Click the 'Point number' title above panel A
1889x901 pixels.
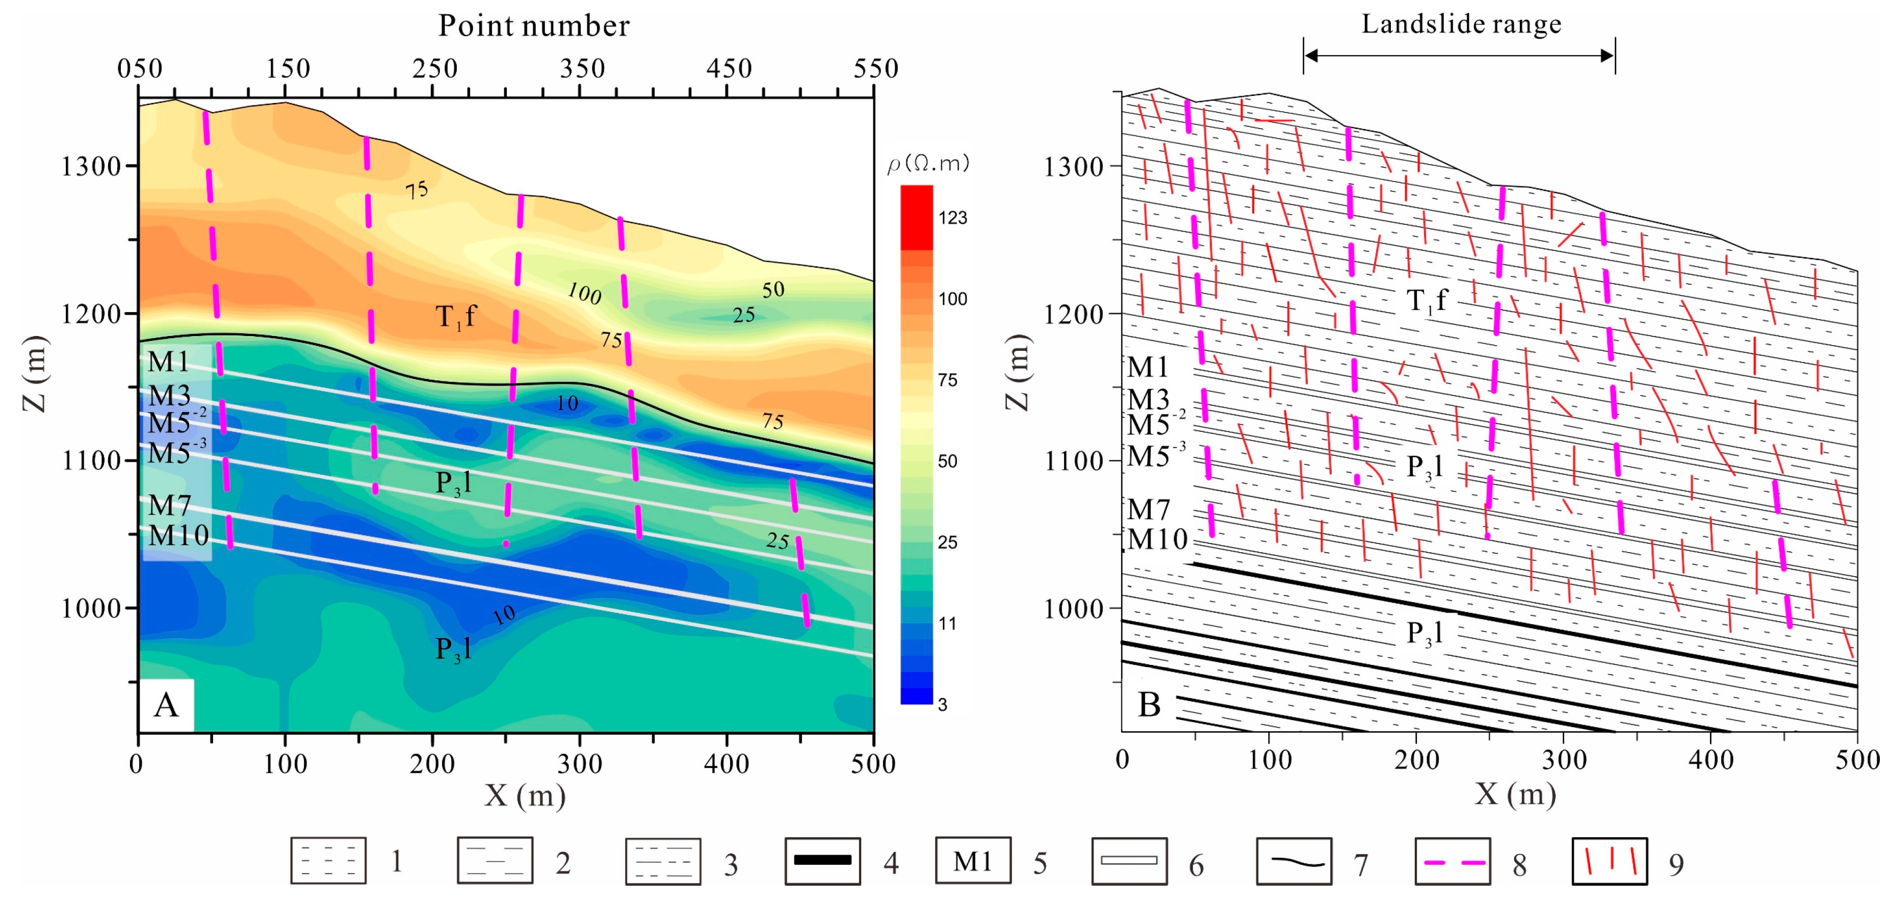click(533, 27)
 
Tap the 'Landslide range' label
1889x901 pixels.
click(1461, 24)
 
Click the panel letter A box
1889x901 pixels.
click(166, 705)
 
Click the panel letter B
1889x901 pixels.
click(1149, 705)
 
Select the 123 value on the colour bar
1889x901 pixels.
click(952, 218)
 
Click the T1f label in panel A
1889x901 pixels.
click(455, 317)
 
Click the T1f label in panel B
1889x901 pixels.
click(1426, 300)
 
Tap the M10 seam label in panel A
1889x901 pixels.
click(178, 536)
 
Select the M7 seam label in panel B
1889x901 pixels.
click(1148, 509)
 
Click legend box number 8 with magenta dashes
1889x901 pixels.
click(1452, 861)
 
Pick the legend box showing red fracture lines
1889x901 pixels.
click(1610, 861)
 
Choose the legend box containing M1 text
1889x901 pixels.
click(972, 861)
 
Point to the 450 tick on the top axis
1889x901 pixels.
click(729, 69)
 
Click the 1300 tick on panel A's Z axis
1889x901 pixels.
click(91, 166)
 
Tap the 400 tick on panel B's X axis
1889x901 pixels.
click(1710, 760)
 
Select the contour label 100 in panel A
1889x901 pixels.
click(584, 294)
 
